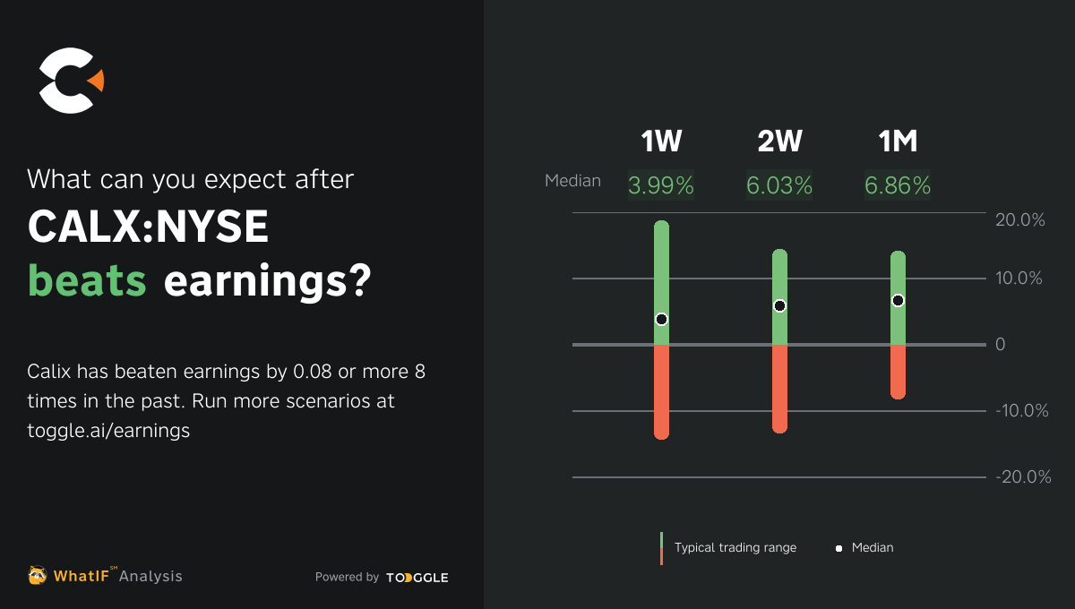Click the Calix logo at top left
(x=70, y=81)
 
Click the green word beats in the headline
(x=87, y=281)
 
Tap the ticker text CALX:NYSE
(x=148, y=227)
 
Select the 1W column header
(x=661, y=142)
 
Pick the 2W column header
(x=779, y=142)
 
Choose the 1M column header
(x=898, y=142)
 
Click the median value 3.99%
(x=661, y=185)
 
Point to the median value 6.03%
(x=779, y=185)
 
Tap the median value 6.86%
(x=898, y=185)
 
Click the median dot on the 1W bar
(x=661, y=319)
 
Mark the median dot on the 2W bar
(x=779, y=305)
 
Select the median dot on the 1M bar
(x=898, y=300)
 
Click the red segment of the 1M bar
(x=898, y=371)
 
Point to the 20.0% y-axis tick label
(x=1020, y=220)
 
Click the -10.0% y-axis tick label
(x=1021, y=411)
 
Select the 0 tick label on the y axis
(x=1001, y=345)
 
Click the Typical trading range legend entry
(x=735, y=547)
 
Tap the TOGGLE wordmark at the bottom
(x=417, y=578)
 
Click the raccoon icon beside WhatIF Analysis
(x=38, y=576)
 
